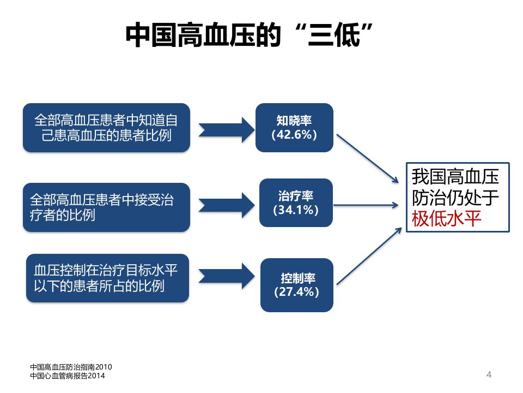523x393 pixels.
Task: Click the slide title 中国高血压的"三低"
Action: click(249, 35)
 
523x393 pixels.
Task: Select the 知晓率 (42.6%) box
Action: click(294, 128)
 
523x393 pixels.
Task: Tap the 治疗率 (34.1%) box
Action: click(296, 203)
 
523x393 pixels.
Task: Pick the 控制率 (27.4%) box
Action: click(296, 285)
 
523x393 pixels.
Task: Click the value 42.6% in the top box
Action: click(294, 135)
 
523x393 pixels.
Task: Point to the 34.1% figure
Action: click(296, 210)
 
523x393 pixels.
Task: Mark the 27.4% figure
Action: click(296, 291)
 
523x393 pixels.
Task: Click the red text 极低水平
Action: click(446, 219)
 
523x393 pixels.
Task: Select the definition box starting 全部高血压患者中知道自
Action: click(106, 128)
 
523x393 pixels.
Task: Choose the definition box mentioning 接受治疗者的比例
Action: click(106, 207)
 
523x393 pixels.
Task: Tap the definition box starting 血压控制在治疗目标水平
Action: click(107, 278)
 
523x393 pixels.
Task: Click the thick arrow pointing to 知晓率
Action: click(227, 130)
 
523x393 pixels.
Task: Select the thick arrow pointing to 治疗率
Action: click(227, 205)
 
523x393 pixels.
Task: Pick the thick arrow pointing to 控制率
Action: click(227, 276)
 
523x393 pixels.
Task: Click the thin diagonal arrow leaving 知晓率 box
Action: click(368, 159)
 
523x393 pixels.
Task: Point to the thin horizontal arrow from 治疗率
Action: click(366, 205)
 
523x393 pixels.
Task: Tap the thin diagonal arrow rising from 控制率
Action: click(369, 256)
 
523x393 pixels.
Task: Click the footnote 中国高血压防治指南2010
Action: click(71, 367)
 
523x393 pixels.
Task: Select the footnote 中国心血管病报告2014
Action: click(68, 376)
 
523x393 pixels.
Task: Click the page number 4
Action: click(489, 374)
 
